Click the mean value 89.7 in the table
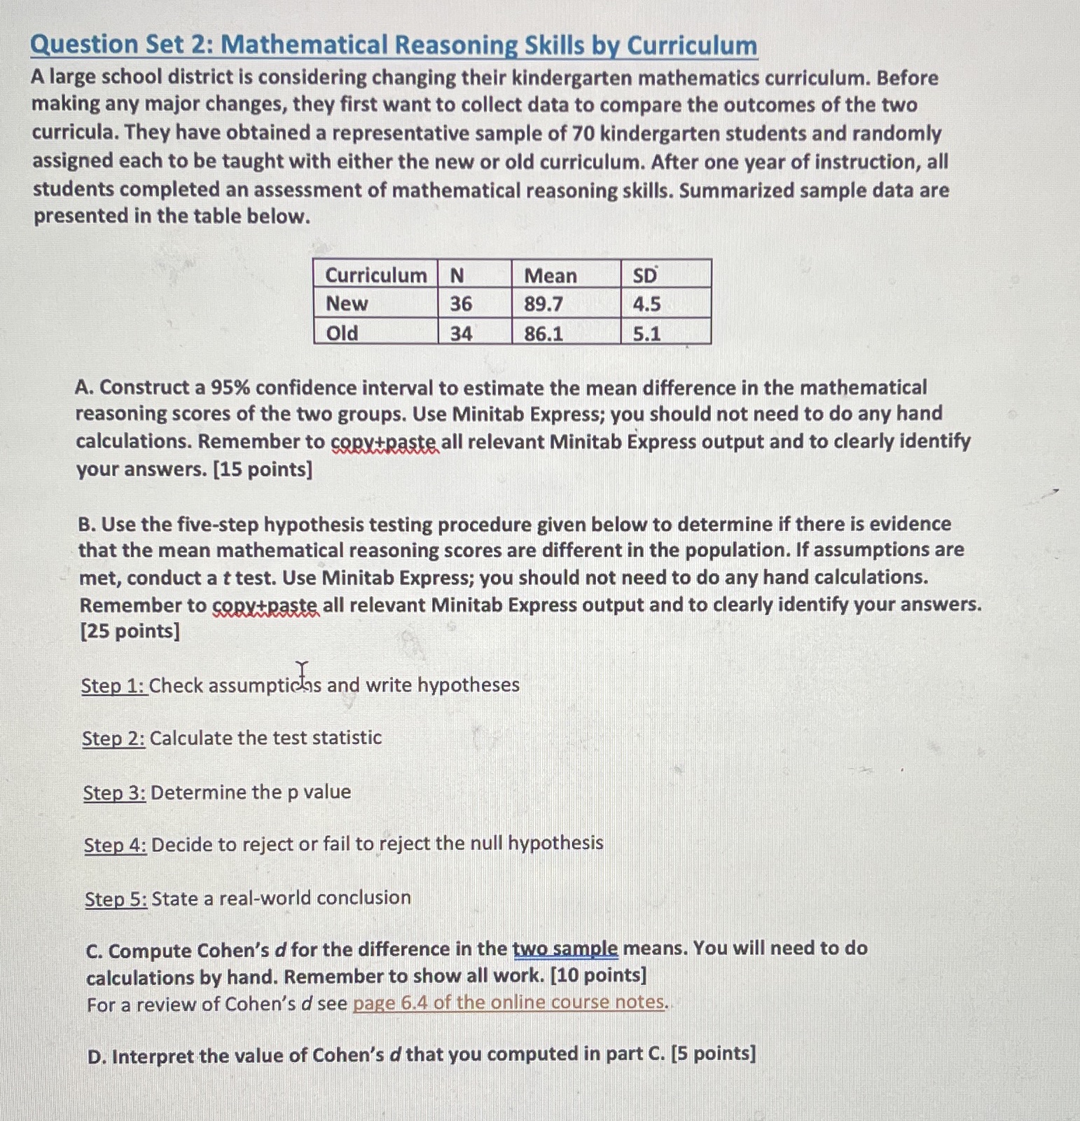pos(544,304)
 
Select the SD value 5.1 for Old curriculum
pos(646,333)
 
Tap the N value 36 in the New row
pos(460,304)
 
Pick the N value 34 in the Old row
pos(460,333)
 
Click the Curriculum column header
pos(375,275)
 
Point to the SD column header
pos(644,275)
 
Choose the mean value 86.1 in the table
pos(544,333)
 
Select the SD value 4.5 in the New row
pos(646,304)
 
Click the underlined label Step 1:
pos(113,686)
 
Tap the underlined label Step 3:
pos(114,793)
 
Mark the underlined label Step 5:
pos(116,899)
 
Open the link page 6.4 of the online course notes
pos(509,1003)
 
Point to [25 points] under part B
pos(130,631)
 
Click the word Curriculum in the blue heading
pos(691,46)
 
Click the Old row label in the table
pos(342,333)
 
